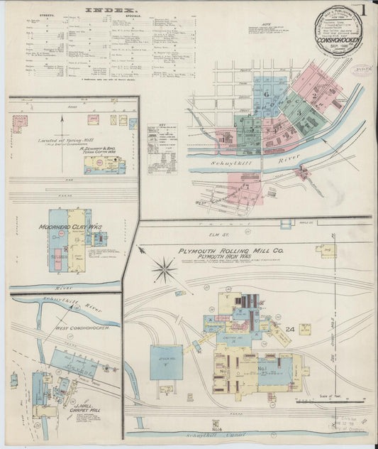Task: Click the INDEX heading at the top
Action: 113,11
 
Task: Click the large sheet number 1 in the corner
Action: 363,11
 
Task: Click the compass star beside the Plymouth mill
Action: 164,269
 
